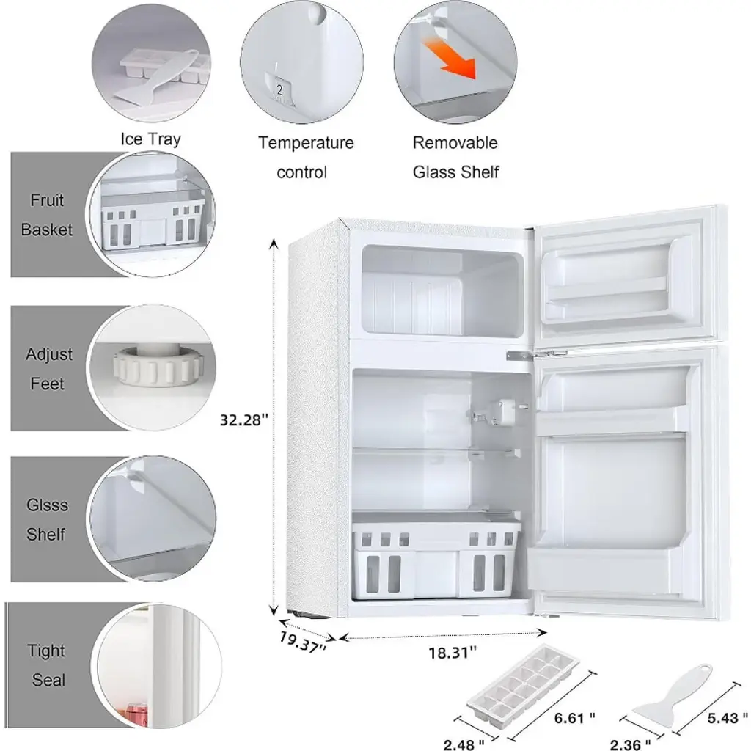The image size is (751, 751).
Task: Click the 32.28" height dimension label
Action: coord(243,420)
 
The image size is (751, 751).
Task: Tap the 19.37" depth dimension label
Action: coord(303,642)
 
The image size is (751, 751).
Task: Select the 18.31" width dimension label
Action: coord(453,652)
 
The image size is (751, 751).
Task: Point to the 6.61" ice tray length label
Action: coord(574,717)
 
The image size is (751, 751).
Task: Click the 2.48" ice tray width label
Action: coord(464,744)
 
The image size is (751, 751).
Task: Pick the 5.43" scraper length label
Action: coord(728,717)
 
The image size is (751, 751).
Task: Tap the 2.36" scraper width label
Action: coord(630,744)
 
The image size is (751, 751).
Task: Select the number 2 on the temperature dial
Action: coord(279,89)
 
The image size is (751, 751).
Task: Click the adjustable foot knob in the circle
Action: coord(158,367)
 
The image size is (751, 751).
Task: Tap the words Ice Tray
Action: coord(151,139)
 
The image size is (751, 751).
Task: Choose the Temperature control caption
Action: coord(306,157)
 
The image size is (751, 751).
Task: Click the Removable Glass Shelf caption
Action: coord(455,157)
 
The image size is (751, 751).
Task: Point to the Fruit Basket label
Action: coord(47,215)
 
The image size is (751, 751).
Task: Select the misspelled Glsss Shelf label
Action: coord(47,520)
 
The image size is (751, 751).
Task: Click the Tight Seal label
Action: coord(47,665)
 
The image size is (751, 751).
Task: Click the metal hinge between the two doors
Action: coord(536,355)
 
